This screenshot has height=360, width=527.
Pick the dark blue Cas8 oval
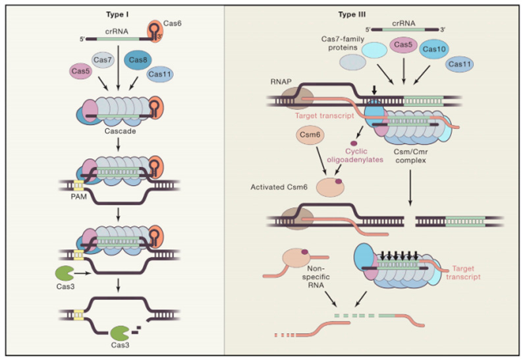click(x=138, y=61)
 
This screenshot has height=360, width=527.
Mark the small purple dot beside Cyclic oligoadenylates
click(x=354, y=144)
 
